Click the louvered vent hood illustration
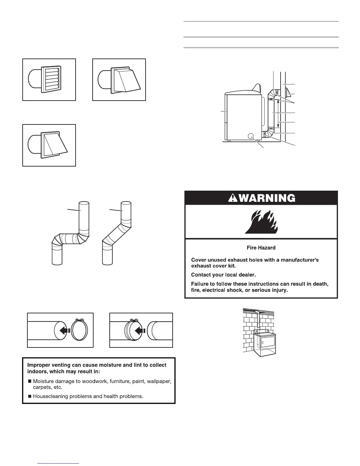point(49,79)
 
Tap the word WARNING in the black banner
point(267,198)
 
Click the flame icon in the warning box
point(261,222)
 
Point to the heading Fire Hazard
point(261,248)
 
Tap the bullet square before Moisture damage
point(30,382)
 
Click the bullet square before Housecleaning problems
point(30,396)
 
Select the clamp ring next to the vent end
point(80,330)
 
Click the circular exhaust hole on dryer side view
point(251,136)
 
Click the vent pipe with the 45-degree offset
point(116,232)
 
